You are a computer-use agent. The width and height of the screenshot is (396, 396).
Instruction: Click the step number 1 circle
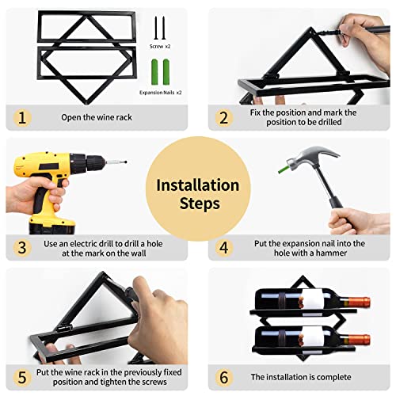click(22, 118)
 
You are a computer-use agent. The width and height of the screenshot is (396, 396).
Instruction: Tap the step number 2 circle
click(224, 118)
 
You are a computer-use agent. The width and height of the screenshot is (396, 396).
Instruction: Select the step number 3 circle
click(22, 248)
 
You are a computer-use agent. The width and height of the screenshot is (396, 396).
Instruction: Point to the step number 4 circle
click(224, 248)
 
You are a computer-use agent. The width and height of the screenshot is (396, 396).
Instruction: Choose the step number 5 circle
click(22, 377)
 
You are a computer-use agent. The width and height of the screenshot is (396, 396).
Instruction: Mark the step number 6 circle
click(224, 377)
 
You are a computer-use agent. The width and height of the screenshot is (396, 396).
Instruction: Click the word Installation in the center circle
click(198, 185)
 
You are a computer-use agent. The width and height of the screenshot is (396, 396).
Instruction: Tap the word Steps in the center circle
click(200, 204)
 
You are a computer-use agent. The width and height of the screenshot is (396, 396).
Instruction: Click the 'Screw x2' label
click(160, 47)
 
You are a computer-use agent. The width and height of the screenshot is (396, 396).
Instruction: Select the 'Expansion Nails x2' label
click(161, 93)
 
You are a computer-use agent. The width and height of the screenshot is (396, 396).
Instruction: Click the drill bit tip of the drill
click(126, 162)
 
